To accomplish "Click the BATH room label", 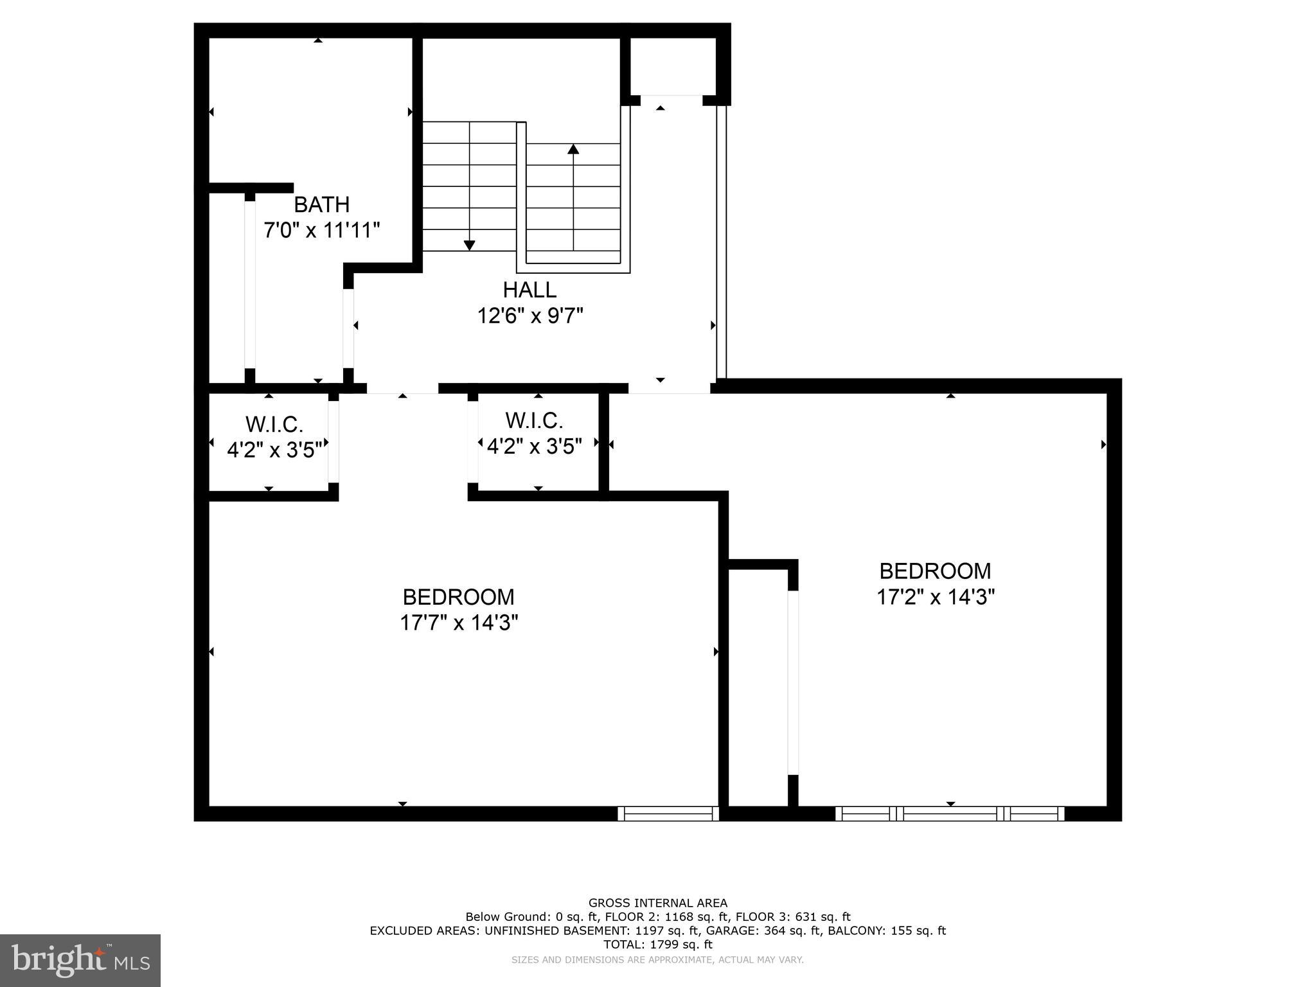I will click(321, 205).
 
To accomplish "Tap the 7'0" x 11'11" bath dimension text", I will click(321, 230).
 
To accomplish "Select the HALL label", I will click(529, 290).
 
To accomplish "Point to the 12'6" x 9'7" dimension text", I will click(529, 316).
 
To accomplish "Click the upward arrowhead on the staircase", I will click(573, 149).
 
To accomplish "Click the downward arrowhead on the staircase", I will click(469, 245).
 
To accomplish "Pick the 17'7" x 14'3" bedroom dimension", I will click(458, 623).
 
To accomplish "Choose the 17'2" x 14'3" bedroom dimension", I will click(935, 597).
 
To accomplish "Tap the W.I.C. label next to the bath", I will click(274, 425).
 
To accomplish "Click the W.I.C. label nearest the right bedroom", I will click(534, 421).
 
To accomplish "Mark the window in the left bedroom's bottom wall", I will click(668, 814).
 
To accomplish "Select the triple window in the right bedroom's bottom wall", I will click(950, 814).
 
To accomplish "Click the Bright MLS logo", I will click(80, 961).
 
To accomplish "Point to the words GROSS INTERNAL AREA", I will click(657, 903).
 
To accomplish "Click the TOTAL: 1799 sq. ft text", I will click(657, 945).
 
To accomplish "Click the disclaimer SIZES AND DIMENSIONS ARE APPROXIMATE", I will click(657, 960).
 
